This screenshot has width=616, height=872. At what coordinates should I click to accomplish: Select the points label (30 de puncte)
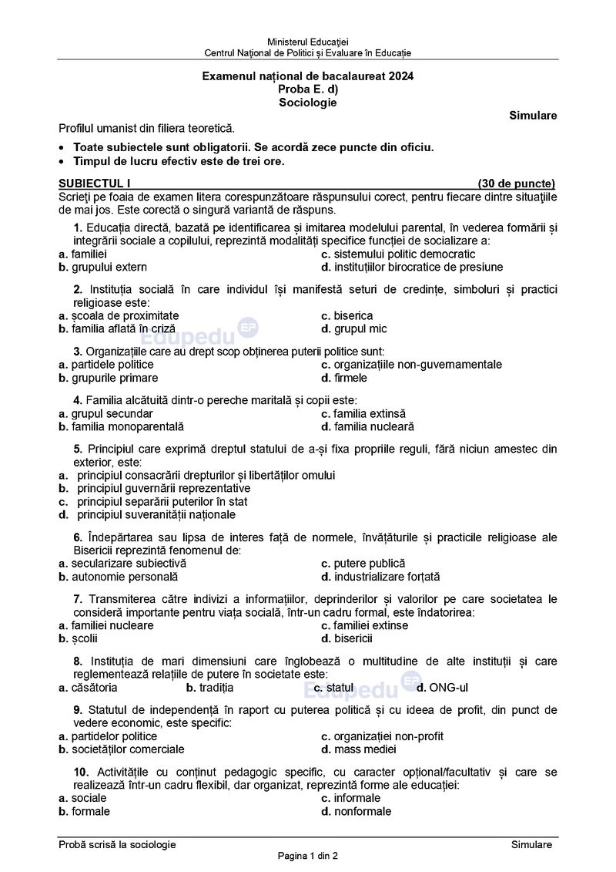click(516, 183)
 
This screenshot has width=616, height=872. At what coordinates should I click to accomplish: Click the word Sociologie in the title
click(308, 102)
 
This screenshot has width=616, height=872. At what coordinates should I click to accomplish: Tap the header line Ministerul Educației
click(308, 40)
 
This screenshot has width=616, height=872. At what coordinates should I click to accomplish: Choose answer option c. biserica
click(347, 315)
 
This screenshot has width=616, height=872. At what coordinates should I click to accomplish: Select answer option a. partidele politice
click(106, 364)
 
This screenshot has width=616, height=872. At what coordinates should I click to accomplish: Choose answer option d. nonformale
click(357, 811)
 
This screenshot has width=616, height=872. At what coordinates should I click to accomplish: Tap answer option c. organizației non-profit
click(382, 736)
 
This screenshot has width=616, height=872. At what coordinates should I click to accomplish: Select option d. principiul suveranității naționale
click(148, 514)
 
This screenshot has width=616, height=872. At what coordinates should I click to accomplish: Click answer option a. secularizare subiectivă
click(122, 563)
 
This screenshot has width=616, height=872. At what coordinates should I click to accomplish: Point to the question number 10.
click(81, 772)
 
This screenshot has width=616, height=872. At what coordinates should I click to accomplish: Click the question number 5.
click(78, 448)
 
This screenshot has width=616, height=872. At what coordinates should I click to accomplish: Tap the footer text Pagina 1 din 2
click(308, 856)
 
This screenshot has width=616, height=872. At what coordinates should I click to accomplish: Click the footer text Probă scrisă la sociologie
click(117, 844)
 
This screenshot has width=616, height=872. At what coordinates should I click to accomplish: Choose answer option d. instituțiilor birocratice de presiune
click(412, 267)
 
